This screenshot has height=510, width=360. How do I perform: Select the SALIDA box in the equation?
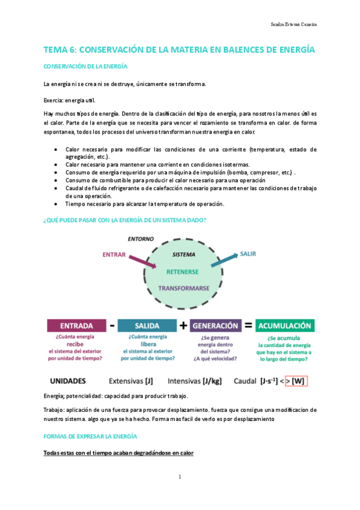[147, 325]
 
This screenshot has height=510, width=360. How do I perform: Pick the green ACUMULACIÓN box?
[284, 325]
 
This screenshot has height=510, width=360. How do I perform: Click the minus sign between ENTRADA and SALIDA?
[112, 325]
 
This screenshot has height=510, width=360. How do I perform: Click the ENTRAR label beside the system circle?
[114, 254]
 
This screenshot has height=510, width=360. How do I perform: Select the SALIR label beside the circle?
[248, 254]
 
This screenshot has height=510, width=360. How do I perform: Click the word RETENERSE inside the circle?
[183, 272]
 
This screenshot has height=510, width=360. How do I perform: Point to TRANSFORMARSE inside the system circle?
[183, 288]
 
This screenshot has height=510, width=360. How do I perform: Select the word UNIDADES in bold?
[67, 380]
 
